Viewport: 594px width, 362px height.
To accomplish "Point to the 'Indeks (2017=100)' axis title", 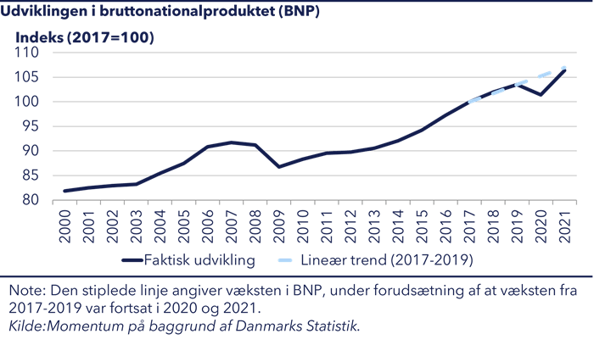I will click(x=84, y=37).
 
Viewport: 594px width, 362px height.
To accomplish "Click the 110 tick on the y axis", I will click(x=31, y=53).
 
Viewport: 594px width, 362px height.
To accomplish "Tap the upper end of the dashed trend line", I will click(x=564, y=67).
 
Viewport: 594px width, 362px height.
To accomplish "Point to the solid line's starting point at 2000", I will click(x=65, y=191).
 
